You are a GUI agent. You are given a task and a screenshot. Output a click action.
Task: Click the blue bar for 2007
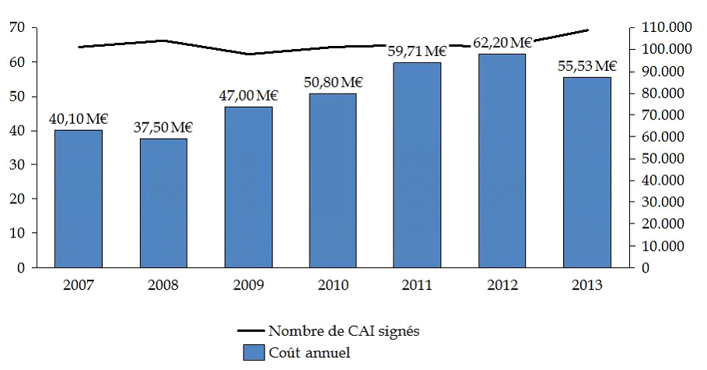click(x=79, y=199)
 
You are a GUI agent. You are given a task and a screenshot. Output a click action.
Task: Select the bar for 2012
click(x=502, y=160)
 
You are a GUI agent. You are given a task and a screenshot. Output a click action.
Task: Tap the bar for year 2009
click(x=248, y=187)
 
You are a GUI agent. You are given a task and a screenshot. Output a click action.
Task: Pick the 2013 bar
click(x=587, y=172)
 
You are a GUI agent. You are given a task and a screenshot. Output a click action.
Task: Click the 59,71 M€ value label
click(x=418, y=52)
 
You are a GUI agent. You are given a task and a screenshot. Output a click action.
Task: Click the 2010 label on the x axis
click(x=333, y=285)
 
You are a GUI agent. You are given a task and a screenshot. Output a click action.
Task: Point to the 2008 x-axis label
click(x=163, y=285)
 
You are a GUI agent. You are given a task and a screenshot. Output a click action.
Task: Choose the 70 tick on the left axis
click(x=17, y=28)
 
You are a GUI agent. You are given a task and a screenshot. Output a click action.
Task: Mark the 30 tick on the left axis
click(x=17, y=165)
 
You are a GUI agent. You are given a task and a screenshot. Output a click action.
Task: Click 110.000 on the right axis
click(x=667, y=28)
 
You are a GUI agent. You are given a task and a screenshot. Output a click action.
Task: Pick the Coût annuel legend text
click(x=309, y=353)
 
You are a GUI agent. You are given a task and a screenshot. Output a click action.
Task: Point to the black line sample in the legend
click(x=253, y=332)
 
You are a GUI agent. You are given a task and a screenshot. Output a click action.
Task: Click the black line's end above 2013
click(x=588, y=30)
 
